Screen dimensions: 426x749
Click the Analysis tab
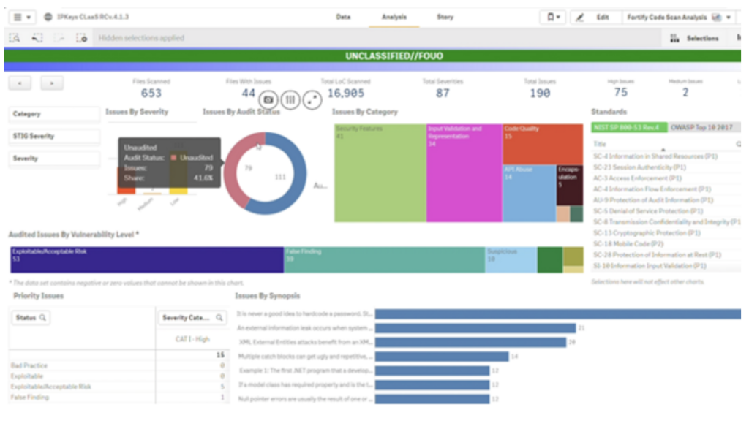[394, 17]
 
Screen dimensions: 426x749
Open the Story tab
[445, 17]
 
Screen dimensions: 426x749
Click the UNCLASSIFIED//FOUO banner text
[394, 56]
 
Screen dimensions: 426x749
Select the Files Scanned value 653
[151, 93]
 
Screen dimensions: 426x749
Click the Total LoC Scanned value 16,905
[346, 93]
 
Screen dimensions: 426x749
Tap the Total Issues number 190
[540, 93]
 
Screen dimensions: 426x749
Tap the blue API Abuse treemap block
[528, 194]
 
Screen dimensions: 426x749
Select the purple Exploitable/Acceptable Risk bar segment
[146, 259]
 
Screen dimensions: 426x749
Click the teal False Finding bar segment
[384, 259]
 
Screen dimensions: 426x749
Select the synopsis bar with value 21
[475, 328]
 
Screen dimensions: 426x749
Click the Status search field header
[31, 318]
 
